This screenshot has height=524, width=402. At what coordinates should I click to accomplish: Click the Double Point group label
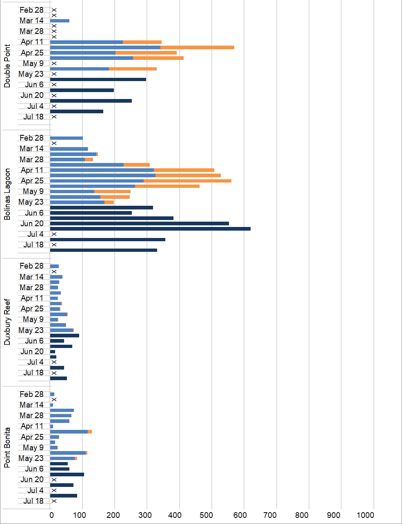pyautogui.click(x=7, y=66)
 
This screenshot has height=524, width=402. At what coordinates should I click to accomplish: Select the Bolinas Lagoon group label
pyautogui.click(x=7, y=194)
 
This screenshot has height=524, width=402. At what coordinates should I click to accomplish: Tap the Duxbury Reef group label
pyautogui.click(x=7, y=322)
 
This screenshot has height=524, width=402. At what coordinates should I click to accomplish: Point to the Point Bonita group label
pyautogui.click(x=7, y=447)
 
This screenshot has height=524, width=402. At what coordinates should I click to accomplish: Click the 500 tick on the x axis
pyautogui.click(x=206, y=515)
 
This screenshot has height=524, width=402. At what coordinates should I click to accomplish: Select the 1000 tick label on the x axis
pyautogui.click(x=365, y=515)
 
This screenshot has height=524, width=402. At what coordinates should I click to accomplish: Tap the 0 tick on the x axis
pyautogui.click(x=51, y=515)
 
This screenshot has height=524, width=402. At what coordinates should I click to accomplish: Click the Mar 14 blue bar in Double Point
pyautogui.click(x=60, y=21)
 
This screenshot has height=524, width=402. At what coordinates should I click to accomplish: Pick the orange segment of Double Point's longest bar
pyautogui.click(x=197, y=47)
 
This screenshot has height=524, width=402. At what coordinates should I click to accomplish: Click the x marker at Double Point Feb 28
pyautogui.click(x=54, y=10)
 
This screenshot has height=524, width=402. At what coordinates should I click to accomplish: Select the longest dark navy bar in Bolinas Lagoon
pyautogui.click(x=150, y=229)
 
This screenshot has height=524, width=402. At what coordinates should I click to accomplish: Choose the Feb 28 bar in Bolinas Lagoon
pyautogui.click(x=66, y=138)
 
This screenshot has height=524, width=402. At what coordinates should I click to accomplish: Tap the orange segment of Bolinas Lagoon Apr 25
pyautogui.click(x=187, y=181)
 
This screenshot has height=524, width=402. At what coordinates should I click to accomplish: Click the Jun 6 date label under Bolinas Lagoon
pyautogui.click(x=34, y=213)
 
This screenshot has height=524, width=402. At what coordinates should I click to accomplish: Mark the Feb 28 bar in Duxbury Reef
pyautogui.click(x=54, y=266)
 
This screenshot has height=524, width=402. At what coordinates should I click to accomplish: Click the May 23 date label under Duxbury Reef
pyautogui.click(x=31, y=330)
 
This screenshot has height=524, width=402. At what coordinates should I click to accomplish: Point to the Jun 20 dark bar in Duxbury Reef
pyautogui.click(x=53, y=352)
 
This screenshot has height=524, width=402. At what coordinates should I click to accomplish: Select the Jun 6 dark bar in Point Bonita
pyautogui.click(x=60, y=469)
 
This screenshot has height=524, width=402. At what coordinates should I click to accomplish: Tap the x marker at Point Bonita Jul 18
pyautogui.click(x=54, y=501)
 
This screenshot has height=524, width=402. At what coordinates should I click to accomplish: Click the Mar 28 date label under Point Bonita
pyautogui.click(x=31, y=416)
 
